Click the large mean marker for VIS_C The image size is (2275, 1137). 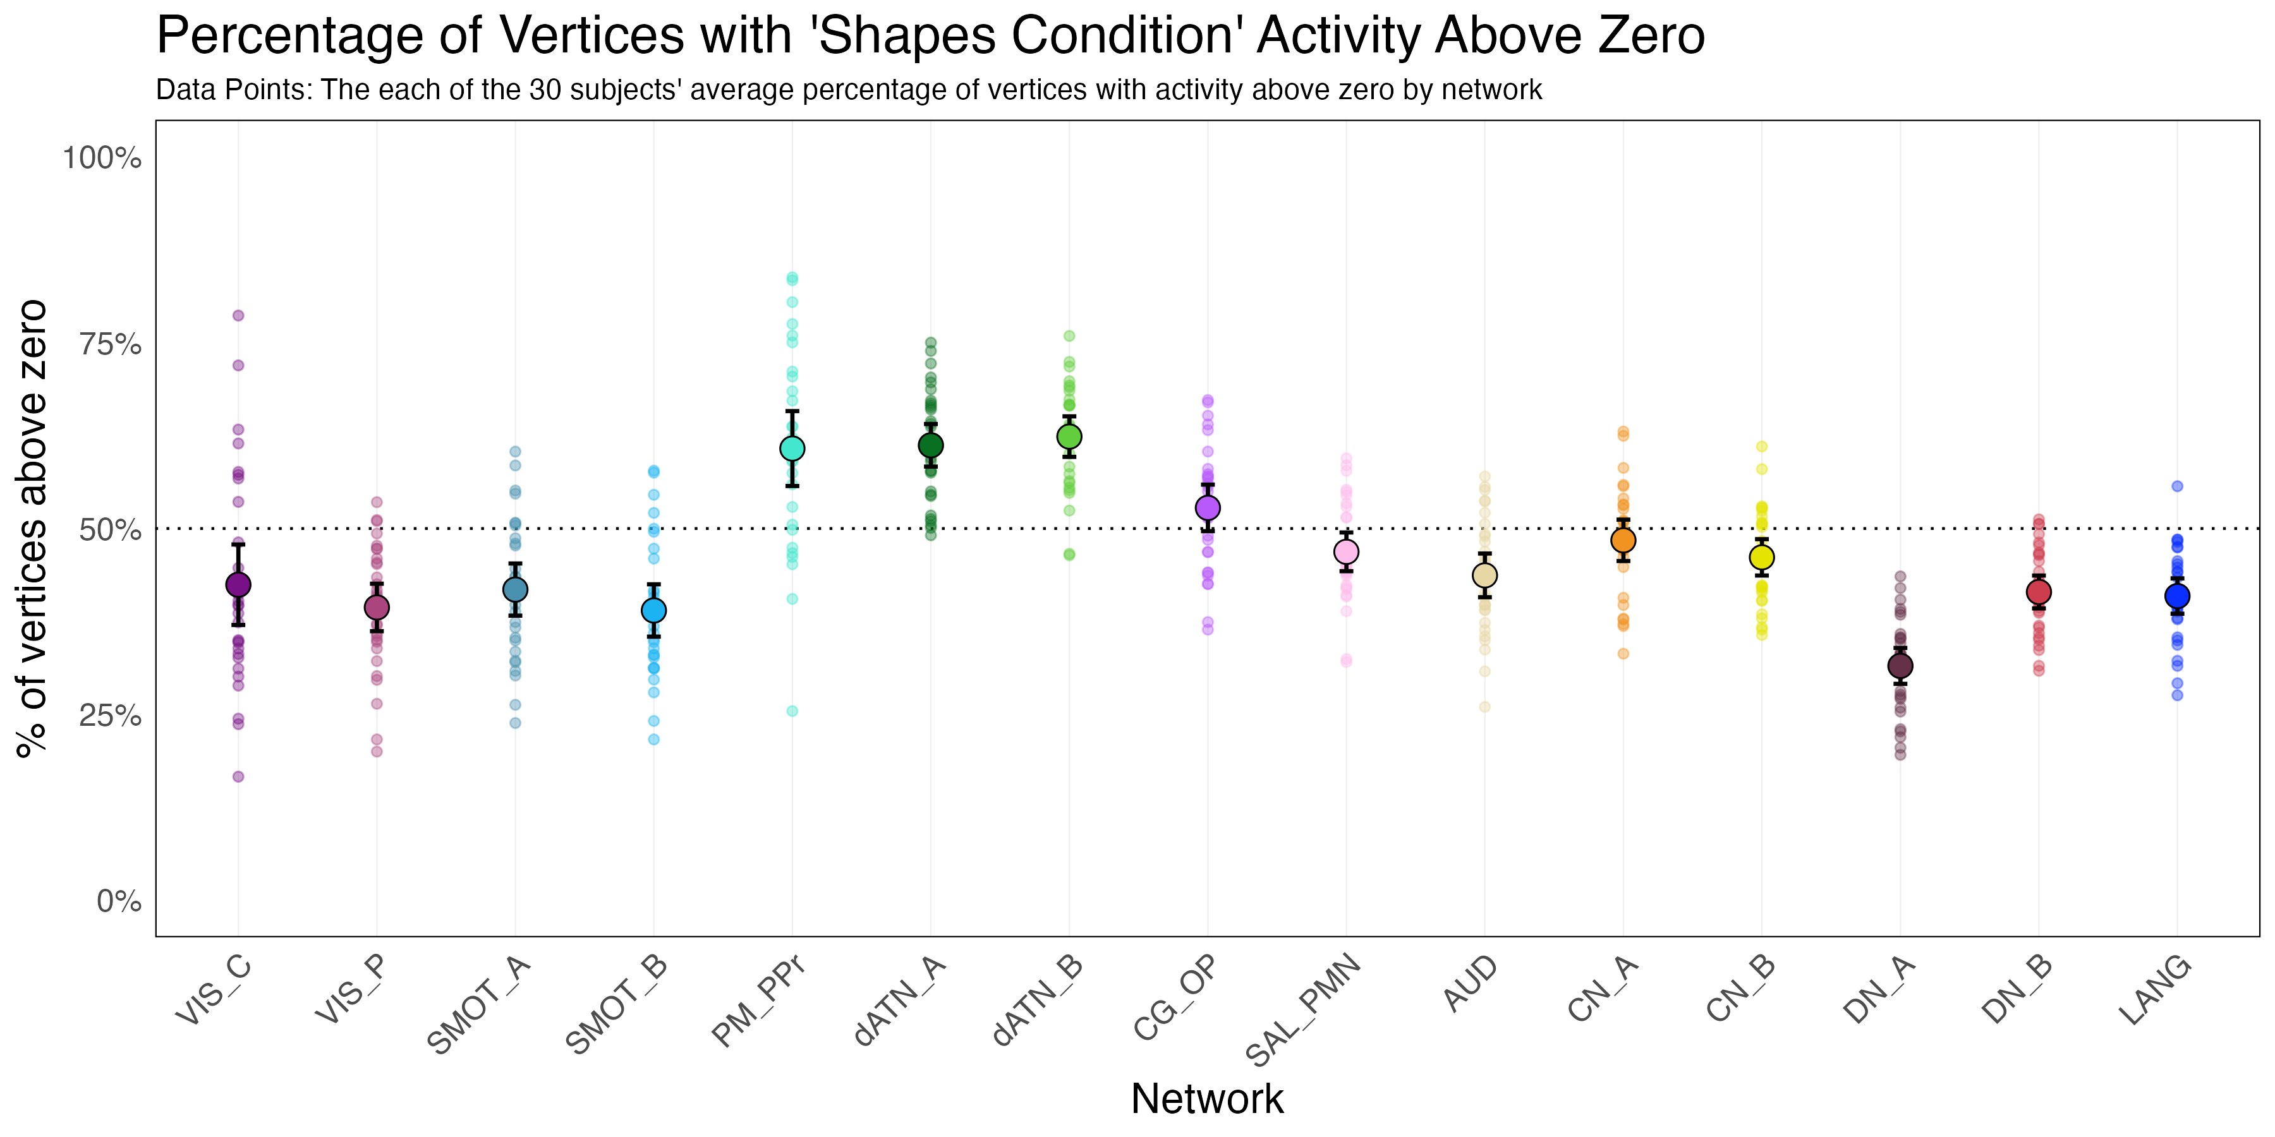(238, 584)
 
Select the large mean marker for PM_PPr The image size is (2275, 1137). (792, 448)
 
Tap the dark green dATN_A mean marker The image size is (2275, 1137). (931, 445)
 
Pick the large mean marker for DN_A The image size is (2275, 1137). (1900, 666)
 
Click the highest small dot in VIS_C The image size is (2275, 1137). (238, 315)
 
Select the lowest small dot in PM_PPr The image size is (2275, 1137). (792, 711)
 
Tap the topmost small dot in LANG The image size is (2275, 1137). (2177, 486)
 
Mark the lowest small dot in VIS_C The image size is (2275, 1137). (238, 777)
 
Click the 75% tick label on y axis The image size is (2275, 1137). (111, 344)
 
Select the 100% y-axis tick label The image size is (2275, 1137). (102, 159)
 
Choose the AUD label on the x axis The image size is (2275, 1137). (1471, 984)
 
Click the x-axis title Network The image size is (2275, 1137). (1207, 1099)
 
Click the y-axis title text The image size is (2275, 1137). (33, 528)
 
